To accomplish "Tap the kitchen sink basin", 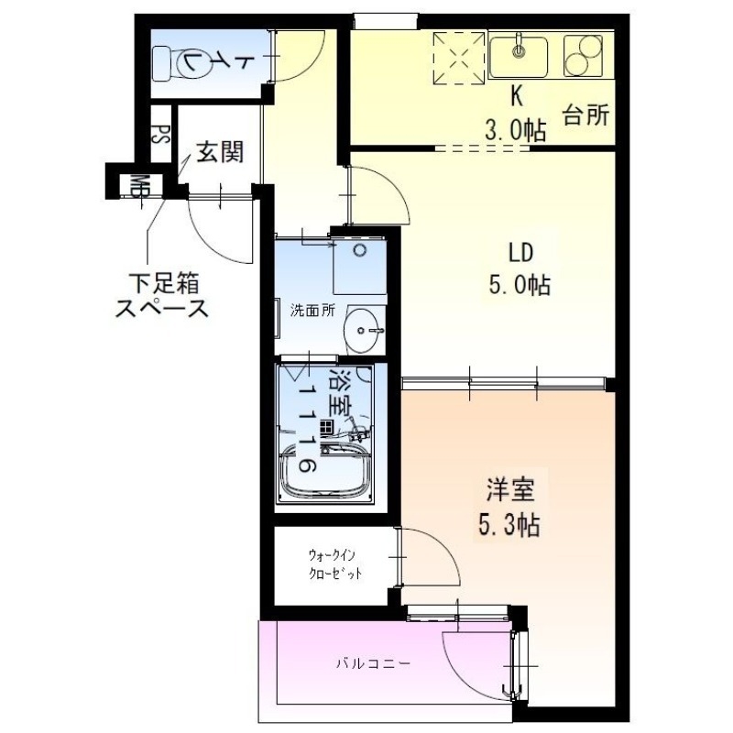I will (519, 55).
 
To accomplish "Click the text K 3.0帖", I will (515, 115).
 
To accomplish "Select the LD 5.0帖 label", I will (517, 268).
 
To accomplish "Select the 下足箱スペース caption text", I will (161, 294).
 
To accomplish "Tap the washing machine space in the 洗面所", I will (359, 265).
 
